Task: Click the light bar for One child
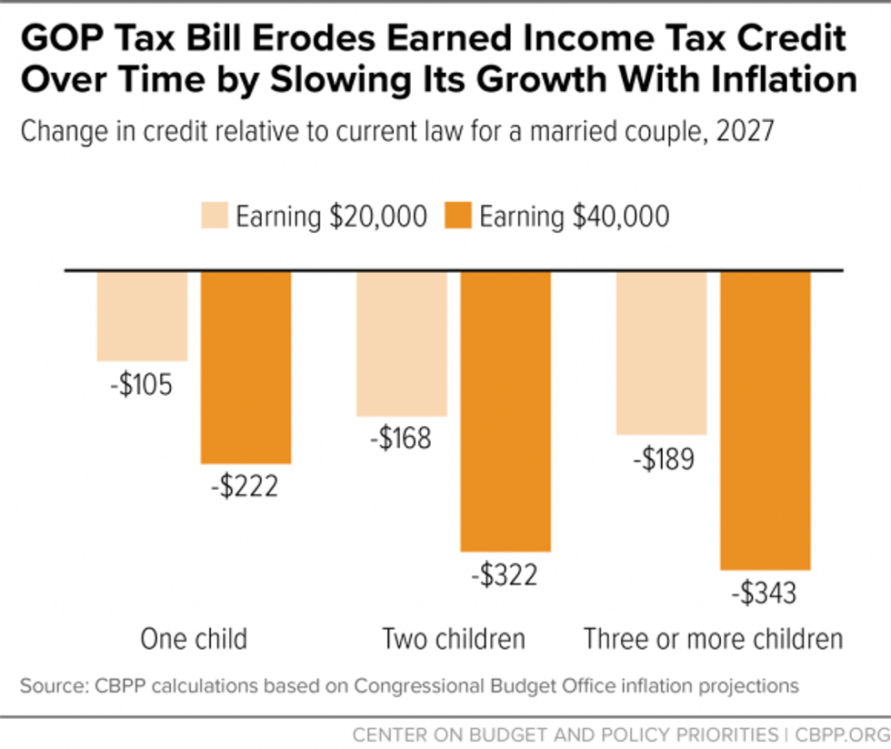(x=142, y=316)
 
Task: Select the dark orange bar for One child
(x=245, y=367)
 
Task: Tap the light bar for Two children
(x=402, y=343)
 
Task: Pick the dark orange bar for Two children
(x=506, y=410)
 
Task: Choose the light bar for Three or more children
(x=661, y=353)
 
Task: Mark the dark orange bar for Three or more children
(x=765, y=420)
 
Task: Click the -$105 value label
(x=141, y=385)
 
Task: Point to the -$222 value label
(x=245, y=487)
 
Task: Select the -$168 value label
(x=401, y=440)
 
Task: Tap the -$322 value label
(x=505, y=575)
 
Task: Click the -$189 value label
(x=660, y=459)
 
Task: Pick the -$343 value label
(x=764, y=594)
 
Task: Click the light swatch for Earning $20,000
(x=213, y=217)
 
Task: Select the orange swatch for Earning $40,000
(x=458, y=217)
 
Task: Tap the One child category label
(x=194, y=638)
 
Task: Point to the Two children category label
(x=454, y=638)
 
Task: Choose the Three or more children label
(x=713, y=638)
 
